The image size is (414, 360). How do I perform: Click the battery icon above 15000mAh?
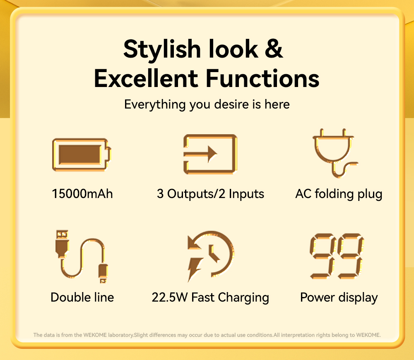click(82, 155)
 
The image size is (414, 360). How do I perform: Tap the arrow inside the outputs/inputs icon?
click(200, 154)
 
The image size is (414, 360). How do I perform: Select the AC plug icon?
click(335, 153)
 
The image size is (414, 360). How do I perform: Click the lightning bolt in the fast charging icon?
click(195, 269)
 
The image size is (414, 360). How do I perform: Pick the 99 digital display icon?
click(337, 256)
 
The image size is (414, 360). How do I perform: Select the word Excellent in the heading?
click(146, 78)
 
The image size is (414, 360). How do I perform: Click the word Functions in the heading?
click(262, 78)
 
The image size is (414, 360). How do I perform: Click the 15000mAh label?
click(82, 194)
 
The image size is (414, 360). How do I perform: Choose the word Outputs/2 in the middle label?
click(196, 194)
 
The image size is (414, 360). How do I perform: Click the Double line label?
click(82, 297)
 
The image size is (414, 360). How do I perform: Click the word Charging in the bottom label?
click(243, 298)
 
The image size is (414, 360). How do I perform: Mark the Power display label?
click(339, 298)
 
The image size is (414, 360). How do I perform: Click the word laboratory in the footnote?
click(120, 335)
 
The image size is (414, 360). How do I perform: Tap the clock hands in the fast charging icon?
click(213, 253)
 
